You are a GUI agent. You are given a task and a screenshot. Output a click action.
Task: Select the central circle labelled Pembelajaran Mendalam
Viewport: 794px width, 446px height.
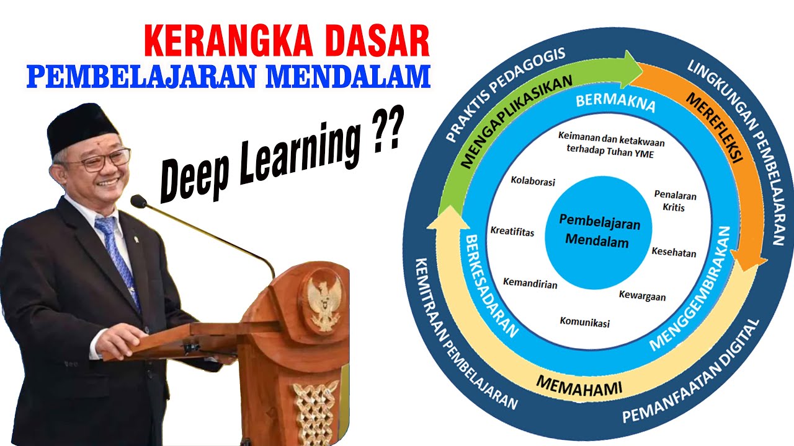click(600, 232)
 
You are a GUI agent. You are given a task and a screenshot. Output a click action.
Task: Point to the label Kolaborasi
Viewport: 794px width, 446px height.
click(533, 182)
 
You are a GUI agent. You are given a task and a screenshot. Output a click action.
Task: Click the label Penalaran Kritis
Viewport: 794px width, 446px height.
click(675, 201)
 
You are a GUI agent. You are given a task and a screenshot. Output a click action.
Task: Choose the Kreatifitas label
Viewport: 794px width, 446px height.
click(512, 232)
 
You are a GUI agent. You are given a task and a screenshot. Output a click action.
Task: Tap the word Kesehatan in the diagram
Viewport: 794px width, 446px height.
click(674, 252)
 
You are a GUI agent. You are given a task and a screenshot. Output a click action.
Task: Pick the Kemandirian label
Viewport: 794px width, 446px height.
click(530, 284)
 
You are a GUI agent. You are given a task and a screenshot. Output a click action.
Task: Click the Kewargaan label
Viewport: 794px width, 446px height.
click(642, 296)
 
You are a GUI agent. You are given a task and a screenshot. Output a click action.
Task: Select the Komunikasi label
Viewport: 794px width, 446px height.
click(584, 322)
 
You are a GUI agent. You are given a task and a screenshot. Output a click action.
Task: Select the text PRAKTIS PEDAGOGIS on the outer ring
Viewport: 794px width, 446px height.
click(505, 93)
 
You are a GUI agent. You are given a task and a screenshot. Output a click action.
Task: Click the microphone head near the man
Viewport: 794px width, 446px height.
click(138, 201)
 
